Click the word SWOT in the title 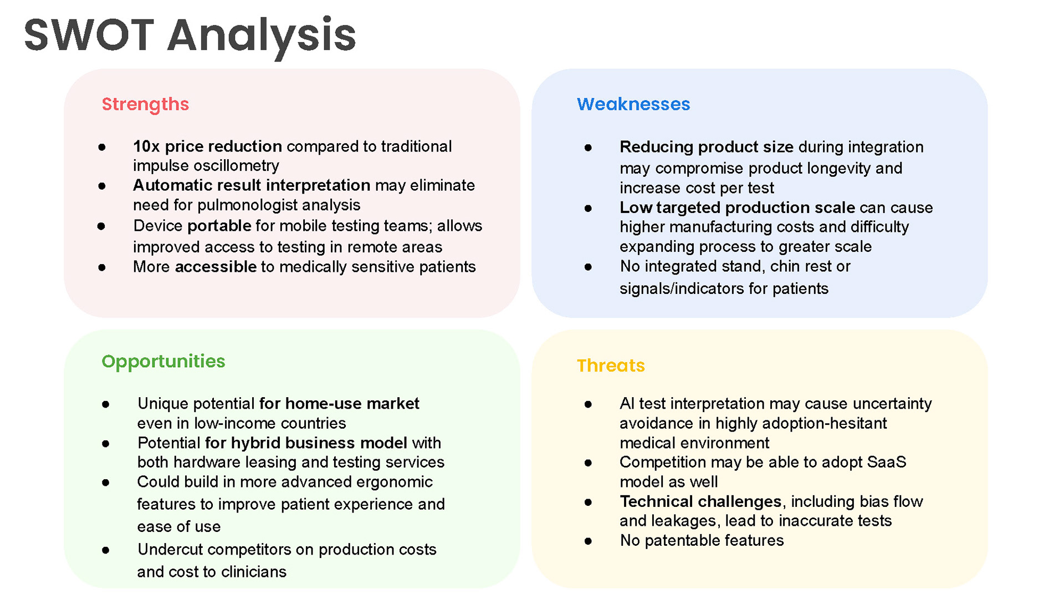pyautogui.click(x=89, y=35)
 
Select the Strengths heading pyautogui.click(x=145, y=104)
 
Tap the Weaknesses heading pyautogui.click(x=633, y=104)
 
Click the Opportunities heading pyautogui.click(x=163, y=362)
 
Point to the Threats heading pyautogui.click(x=611, y=366)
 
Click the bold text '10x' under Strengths pyautogui.click(x=146, y=146)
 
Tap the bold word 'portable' pyautogui.click(x=219, y=226)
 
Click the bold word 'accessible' pyautogui.click(x=216, y=267)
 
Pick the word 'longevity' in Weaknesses pyautogui.click(x=837, y=168)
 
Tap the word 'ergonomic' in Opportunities pyautogui.click(x=394, y=482)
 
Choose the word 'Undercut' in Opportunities pyautogui.click(x=170, y=550)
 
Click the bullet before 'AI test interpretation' pyautogui.click(x=588, y=404)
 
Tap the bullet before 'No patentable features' pyautogui.click(x=588, y=541)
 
